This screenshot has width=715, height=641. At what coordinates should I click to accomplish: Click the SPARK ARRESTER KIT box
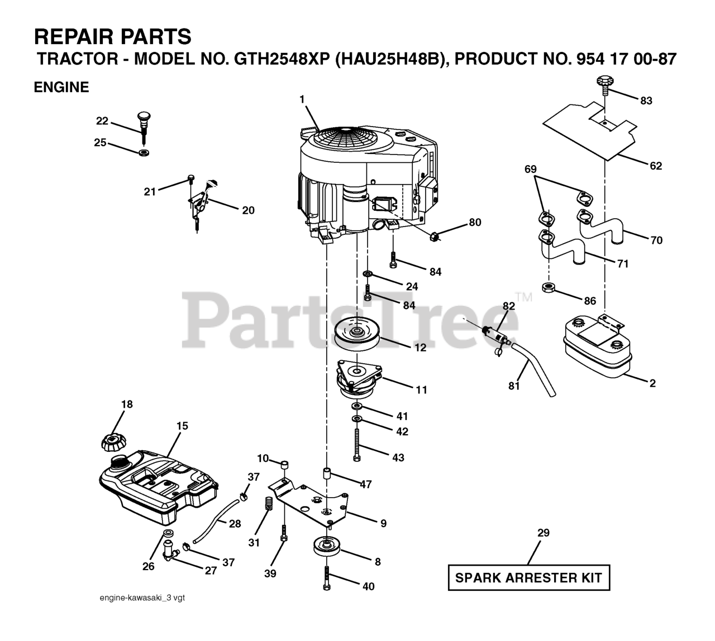pos(528,578)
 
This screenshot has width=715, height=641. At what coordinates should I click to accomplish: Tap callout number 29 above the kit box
pos(543,533)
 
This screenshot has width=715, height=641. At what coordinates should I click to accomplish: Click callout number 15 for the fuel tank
pos(182,426)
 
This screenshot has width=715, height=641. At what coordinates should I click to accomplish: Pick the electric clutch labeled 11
pos(357,379)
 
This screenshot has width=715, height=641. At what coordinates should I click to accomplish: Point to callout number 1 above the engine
pos(302,99)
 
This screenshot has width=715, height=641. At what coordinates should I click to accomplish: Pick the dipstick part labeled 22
pos(144,126)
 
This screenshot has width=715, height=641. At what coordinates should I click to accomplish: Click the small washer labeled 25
pos(144,152)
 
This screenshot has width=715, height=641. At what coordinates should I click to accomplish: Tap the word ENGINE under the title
pos(61,87)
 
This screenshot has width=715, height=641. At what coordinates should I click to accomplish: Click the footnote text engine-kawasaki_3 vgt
pos(142,598)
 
